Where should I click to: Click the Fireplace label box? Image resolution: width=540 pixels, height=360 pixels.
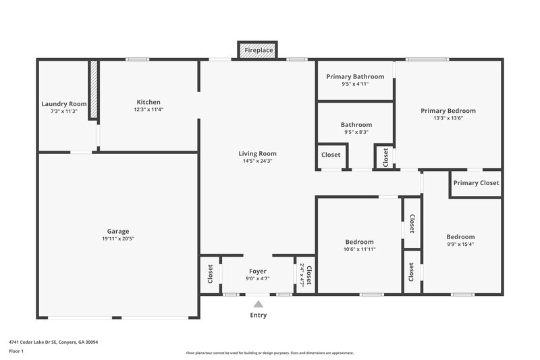click(258, 51)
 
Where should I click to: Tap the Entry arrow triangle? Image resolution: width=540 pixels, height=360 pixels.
click(258, 305)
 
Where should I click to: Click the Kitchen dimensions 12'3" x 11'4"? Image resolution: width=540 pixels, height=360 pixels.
click(147, 109)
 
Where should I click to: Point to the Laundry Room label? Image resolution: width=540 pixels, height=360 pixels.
click(64, 104)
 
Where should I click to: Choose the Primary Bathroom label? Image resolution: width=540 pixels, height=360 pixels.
click(355, 76)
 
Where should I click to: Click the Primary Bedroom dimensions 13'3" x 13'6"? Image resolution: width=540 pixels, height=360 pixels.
click(448, 118)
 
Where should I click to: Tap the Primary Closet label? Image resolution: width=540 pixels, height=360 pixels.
click(476, 183)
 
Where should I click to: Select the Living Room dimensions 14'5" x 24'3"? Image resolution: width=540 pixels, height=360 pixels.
click(257, 161)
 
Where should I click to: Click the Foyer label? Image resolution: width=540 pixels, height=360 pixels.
click(258, 271)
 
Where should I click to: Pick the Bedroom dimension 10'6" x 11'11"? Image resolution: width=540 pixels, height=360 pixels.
click(359, 249)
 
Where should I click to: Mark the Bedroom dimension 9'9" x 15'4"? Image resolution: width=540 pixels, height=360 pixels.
click(460, 245)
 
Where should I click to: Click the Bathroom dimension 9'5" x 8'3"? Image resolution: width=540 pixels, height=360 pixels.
click(356, 132)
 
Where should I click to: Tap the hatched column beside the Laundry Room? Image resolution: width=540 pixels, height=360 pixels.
click(94, 91)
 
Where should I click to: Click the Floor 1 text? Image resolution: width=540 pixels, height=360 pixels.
click(16, 351)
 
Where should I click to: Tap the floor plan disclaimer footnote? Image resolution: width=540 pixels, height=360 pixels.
click(269, 353)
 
